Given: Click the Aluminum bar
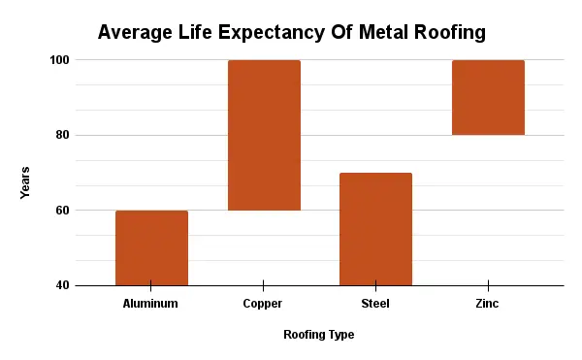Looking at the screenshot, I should coord(151,247).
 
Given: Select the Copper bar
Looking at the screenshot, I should coord(264,135).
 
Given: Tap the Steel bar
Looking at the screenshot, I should coord(375,229).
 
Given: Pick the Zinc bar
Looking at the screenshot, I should coord(488,98).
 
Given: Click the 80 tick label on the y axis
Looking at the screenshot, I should coord(62,135).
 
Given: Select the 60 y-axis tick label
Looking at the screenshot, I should coord(62,211).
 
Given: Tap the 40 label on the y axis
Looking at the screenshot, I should coord(62,285).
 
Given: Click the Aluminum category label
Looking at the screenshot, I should coord(151,304).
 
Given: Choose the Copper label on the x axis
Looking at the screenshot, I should coord(263,304).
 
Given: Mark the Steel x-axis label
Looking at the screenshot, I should coord(375,304).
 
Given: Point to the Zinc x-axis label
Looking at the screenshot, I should coord(488,304).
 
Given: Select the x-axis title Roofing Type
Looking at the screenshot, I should coord(318,335).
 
